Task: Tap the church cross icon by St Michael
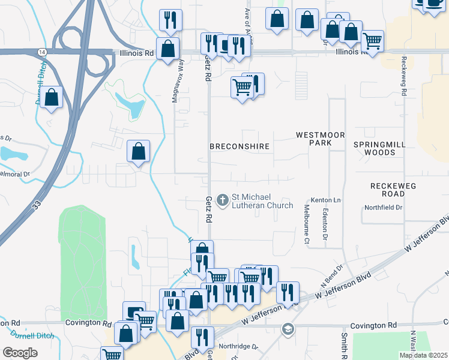click(x=223, y=200)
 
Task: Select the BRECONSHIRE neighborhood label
click(x=240, y=146)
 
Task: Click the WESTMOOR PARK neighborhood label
click(x=321, y=140)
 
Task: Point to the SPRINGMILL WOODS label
click(x=382, y=149)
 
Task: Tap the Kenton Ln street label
click(x=326, y=200)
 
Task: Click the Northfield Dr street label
click(x=383, y=208)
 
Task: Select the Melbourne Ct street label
click(x=306, y=224)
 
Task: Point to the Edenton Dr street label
click(x=325, y=224)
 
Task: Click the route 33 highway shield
click(x=37, y=205)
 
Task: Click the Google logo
click(x=20, y=353)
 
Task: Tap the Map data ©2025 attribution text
click(x=423, y=355)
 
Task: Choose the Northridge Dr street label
click(x=238, y=347)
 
